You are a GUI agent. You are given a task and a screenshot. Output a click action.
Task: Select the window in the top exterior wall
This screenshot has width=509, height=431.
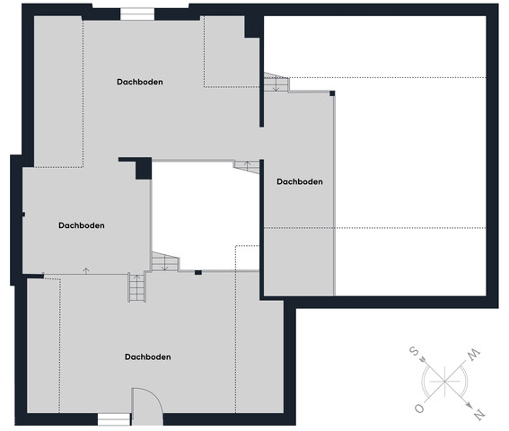point(137,14)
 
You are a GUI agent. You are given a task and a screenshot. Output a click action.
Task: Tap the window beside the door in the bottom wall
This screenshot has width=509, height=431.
point(114,419)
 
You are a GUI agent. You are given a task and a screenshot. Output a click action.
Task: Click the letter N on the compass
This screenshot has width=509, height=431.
point(479,415)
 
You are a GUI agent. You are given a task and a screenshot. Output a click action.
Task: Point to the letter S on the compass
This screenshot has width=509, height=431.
point(413,351)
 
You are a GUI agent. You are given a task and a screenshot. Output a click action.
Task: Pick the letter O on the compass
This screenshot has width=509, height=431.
point(419,409)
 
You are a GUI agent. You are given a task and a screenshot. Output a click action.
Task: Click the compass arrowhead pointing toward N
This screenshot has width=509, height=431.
point(470,405)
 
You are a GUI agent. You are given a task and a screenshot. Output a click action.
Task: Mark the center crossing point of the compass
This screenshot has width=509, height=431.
point(444,381)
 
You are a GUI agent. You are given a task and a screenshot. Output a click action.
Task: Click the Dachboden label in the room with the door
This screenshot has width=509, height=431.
point(148,357)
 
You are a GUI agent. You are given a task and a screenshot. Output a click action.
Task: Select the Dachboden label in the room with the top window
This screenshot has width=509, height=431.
point(140,82)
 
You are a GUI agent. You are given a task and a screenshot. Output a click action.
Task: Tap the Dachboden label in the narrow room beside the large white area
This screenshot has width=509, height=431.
point(300,181)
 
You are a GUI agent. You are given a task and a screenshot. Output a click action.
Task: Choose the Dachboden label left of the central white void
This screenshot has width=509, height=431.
point(82,225)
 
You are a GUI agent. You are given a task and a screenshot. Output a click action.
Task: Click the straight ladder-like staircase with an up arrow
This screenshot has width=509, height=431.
point(136,287)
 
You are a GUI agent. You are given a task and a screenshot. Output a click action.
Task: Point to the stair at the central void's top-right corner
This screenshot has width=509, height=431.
point(247,166)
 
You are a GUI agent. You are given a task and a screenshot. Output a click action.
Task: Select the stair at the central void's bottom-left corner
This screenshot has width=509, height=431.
point(165,261)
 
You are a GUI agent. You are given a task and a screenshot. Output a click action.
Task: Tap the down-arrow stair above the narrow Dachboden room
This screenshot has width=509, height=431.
point(276,82)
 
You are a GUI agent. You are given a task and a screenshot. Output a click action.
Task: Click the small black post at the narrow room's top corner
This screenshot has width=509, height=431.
point(332,93)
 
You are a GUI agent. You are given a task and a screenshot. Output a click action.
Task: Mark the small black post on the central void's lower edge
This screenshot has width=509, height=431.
point(198,272)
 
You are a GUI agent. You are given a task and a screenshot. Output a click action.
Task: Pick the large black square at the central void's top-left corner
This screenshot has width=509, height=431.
point(144,169)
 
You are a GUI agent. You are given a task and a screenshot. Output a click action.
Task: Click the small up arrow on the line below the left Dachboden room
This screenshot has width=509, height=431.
point(86,271)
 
